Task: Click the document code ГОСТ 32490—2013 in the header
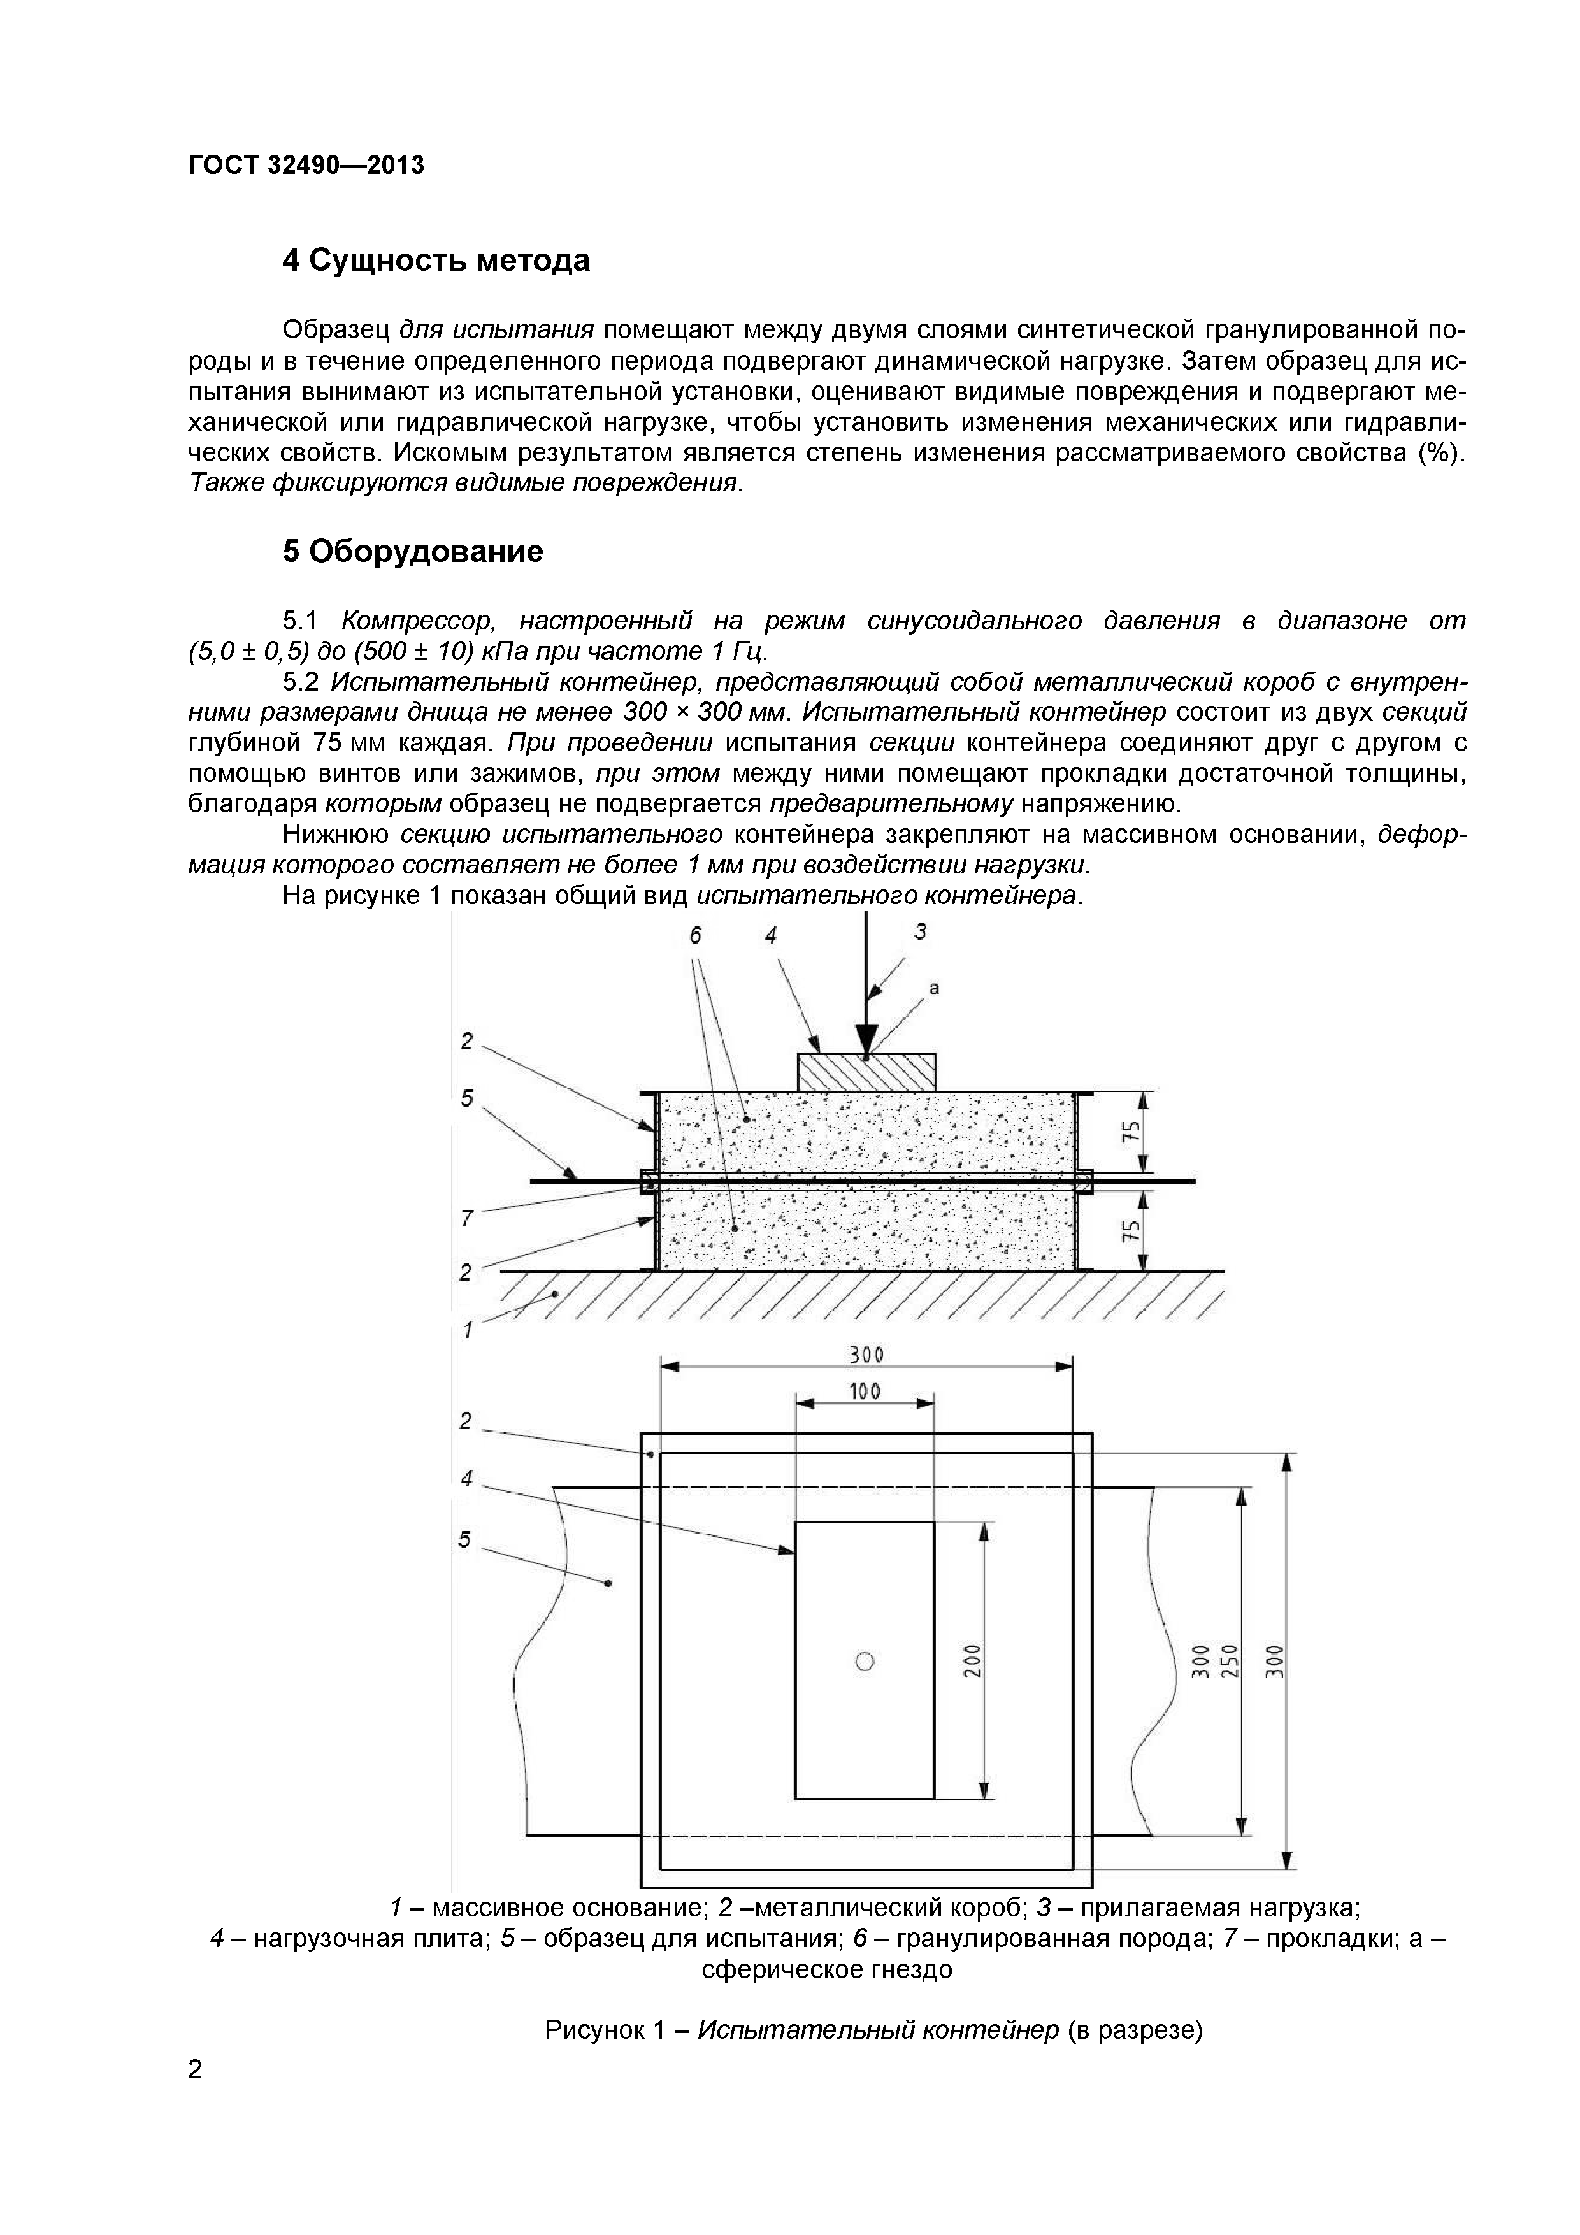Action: pos(306,166)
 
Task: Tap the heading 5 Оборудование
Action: pos(413,552)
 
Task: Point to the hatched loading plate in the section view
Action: pos(866,1071)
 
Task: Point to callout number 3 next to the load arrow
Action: pos(920,931)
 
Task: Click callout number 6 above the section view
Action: pos(695,935)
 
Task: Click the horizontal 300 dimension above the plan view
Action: pos(865,1355)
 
